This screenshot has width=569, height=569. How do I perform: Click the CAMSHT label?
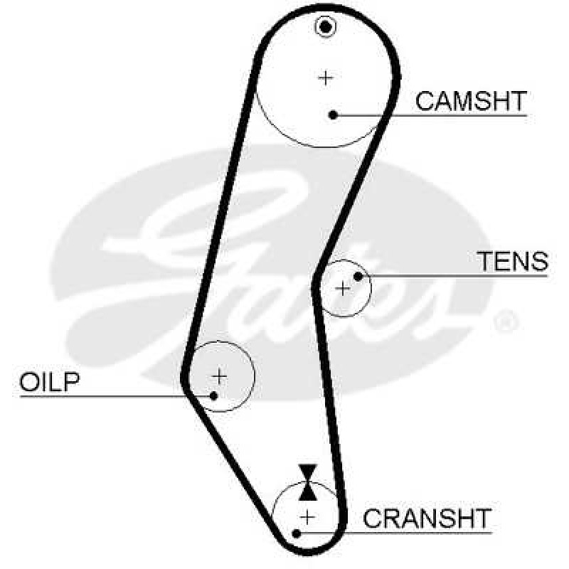tap(471, 101)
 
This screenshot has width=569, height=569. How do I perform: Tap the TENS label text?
tap(512, 261)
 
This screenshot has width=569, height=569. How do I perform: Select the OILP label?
tap(49, 381)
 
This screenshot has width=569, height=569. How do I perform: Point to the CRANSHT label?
tap(427, 519)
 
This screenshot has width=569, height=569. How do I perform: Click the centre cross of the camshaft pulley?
tap(326, 78)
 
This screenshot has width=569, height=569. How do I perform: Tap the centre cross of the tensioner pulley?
tap(343, 289)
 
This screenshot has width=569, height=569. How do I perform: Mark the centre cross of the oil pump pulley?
tap(219, 376)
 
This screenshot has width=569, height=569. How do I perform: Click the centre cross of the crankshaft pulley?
tap(307, 517)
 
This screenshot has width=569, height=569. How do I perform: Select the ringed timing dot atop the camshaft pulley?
tap(326, 27)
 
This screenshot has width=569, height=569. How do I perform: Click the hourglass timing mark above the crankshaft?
tap(308, 482)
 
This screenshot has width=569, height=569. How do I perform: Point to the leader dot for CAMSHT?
tap(333, 115)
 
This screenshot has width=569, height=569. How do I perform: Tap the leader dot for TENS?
tap(358, 277)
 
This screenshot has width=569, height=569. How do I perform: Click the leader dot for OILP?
tap(213, 396)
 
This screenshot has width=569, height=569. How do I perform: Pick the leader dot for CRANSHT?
tap(297, 533)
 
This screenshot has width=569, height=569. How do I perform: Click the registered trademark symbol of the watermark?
tap(506, 321)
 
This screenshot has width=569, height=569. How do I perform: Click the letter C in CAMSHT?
tap(425, 101)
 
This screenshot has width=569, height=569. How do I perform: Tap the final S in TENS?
tap(540, 261)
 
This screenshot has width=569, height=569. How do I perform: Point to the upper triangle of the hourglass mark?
tap(308, 473)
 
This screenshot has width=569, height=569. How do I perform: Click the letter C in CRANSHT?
tap(372, 519)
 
